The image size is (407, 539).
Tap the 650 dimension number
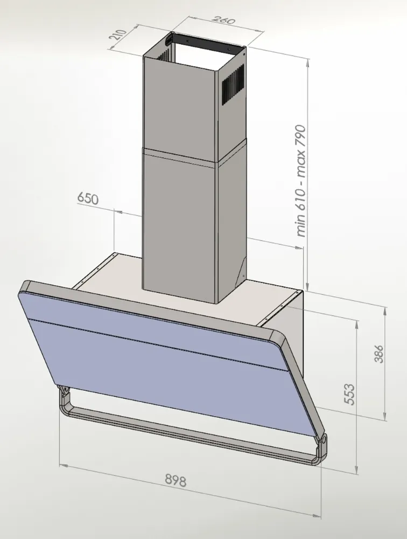[x=88, y=198]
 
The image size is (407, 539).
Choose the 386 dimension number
[x=380, y=354]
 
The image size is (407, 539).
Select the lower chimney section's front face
[x=178, y=221]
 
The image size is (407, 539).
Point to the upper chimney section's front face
[x=178, y=102]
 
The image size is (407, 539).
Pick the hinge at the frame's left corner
[x=64, y=393]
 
